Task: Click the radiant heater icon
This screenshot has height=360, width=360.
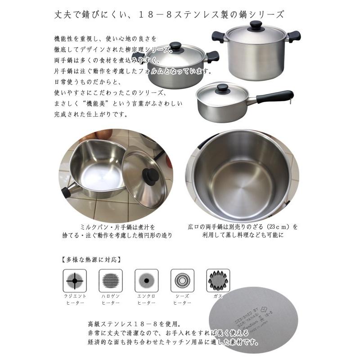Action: pos(73,280)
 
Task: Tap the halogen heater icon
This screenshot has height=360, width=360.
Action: pos(109,280)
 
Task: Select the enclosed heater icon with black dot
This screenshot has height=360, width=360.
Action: pos(145,280)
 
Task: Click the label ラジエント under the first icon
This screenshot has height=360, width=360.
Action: pos(73,296)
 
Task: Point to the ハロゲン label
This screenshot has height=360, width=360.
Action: pos(109,296)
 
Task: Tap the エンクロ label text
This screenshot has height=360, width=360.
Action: pos(145,296)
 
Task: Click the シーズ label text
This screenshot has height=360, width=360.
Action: pos(182,296)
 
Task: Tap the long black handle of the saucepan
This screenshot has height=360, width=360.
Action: pos(275,96)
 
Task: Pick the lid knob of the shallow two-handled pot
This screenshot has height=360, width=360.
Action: pos(175,46)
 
